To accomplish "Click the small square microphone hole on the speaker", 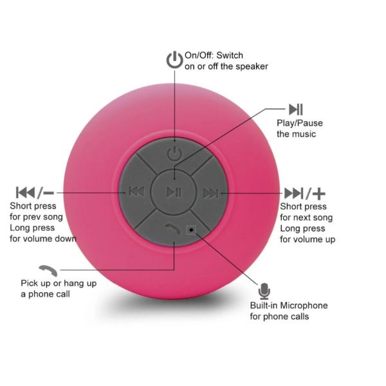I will coord(191,230).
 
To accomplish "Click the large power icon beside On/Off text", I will coord(174,60).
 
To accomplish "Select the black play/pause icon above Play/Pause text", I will coord(295,109).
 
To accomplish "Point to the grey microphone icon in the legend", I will coord(264,291).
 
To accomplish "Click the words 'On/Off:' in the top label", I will coord(199,55).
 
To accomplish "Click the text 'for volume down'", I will coord(43,239).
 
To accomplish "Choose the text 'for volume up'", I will coord(308,239).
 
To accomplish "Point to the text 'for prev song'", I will coord(37,217).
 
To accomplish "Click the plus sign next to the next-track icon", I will coord(319,193).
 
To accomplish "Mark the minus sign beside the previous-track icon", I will coord(48,192).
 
